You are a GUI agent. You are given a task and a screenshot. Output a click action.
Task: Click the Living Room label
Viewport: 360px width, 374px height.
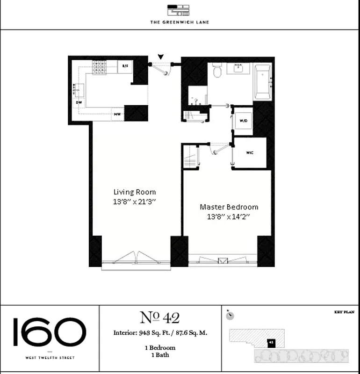click(135, 192)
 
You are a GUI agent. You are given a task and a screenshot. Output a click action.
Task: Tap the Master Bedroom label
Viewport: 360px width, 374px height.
click(229, 207)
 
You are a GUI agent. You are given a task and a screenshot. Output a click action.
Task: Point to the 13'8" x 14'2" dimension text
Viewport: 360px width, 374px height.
click(229, 216)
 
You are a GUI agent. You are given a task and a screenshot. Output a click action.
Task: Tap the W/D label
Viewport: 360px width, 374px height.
click(243, 121)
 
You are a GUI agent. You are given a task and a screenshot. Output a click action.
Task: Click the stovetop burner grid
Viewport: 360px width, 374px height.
click(100, 68)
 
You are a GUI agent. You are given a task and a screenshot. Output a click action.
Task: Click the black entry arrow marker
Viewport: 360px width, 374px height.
click(161, 57)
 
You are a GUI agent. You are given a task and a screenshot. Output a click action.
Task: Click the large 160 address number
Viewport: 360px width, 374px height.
click(50, 332)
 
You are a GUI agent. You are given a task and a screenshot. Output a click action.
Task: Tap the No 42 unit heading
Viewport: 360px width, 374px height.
click(160, 317)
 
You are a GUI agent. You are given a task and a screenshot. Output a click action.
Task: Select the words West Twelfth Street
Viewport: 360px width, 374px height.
click(50, 358)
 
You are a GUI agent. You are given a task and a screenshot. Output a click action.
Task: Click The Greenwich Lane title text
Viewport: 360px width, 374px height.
click(180, 22)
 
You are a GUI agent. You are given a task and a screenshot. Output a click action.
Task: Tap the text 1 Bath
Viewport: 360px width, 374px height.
click(160, 355)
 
